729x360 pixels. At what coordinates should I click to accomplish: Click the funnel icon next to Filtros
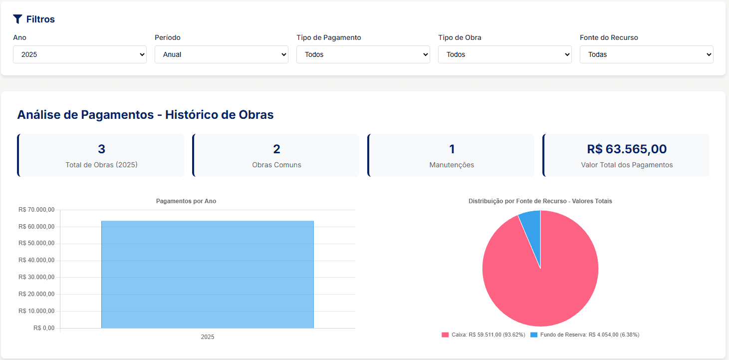click(17, 19)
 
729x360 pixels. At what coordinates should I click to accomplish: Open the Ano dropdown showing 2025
click(80, 54)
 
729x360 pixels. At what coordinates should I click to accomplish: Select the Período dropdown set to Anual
click(222, 54)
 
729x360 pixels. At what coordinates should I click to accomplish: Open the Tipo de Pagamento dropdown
click(363, 54)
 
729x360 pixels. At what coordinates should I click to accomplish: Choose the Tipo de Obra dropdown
click(505, 54)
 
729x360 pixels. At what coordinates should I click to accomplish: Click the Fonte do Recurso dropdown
click(647, 54)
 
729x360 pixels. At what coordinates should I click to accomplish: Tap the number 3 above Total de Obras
click(101, 149)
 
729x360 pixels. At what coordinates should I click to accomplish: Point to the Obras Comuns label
click(276, 165)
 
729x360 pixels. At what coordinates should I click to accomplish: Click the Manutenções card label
click(452, 165)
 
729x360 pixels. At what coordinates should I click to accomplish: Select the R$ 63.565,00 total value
click(627, 149)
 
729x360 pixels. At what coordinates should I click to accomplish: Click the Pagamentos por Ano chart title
click(186, 201)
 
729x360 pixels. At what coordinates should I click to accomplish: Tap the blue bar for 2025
click(208, 275)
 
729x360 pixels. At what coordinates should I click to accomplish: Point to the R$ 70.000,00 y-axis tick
click(36, 210)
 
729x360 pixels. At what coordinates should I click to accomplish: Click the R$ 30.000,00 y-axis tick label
click(36, 277)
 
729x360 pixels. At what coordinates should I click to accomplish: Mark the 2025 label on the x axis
click(208, 337)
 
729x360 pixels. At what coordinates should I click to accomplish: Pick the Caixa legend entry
click(483, 335)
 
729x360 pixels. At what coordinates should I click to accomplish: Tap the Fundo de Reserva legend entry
click(584, 335)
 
